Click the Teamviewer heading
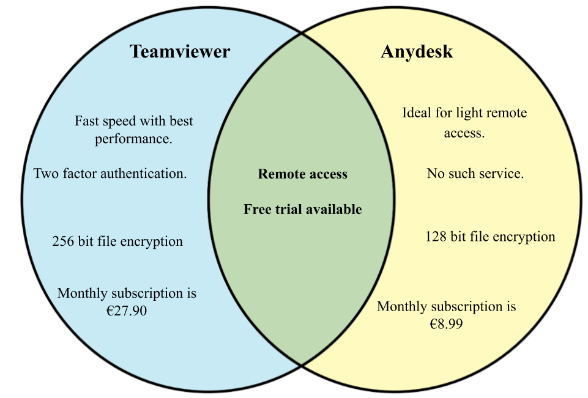point(179,51)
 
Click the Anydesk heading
point(417,51)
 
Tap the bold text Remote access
point(302,174)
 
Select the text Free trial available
point(302,210)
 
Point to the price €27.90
point(127,311)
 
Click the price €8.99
point(446,323)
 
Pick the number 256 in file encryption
point(63,241)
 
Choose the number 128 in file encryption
point(436,237)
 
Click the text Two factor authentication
point(110,174)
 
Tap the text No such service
point(475,174)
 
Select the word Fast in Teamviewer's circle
point(86,121)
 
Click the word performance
point(133,139)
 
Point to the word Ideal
point(415,113)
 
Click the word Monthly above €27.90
point(81,293)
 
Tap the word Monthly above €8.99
point(401,306)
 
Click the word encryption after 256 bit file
point(151,241)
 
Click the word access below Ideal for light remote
point(464,133)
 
